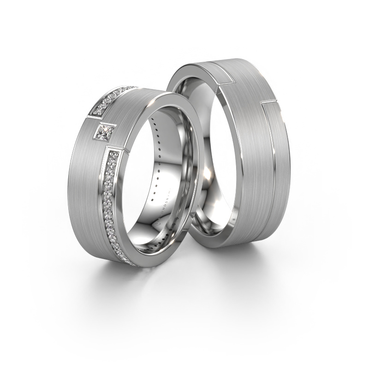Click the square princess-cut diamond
(x=104, y=133)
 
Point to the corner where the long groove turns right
(x=264, y=100)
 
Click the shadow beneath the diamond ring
(x=138, y=277)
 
